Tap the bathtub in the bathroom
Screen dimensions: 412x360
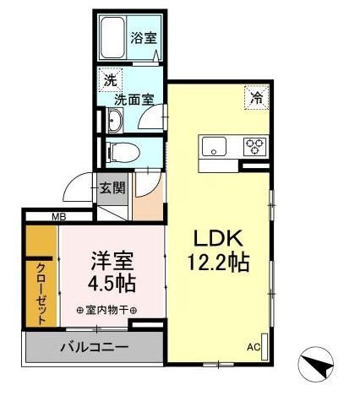coord(113,37)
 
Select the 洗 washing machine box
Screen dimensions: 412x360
coord(110,82)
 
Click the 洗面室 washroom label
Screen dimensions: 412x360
coord(133,98)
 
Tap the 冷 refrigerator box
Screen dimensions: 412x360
coord(255,97)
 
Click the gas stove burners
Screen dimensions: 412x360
coord(254,145)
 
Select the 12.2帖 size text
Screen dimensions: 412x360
coord(217,263)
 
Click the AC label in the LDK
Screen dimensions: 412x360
coord(253,346)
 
